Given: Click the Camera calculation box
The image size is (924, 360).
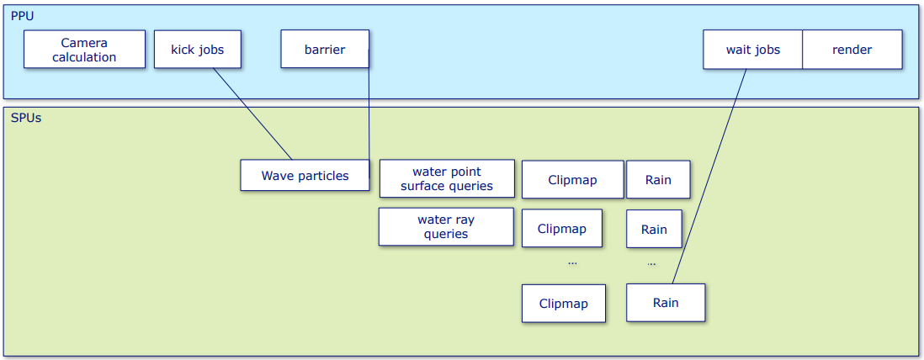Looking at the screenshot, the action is coord(84,50).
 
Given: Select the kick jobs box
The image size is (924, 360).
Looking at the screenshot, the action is coord(198,50).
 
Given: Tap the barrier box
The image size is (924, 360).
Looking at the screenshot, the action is coord(325,50).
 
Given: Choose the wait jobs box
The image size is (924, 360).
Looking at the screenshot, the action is coord(752,50).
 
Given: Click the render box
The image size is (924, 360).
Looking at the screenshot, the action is coord(852,50).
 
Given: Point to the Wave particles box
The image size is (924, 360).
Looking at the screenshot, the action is coord(305,175).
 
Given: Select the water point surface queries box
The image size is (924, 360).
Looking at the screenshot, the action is coord(447,178).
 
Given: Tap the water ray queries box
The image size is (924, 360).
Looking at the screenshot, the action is coord(446,227).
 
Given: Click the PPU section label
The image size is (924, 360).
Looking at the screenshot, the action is coord(23,16).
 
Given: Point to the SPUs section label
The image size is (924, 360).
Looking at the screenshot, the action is coord(26,118).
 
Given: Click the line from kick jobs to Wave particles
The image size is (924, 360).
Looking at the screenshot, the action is coord(252,114).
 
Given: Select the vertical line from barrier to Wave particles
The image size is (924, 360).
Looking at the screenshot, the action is coord(369,112).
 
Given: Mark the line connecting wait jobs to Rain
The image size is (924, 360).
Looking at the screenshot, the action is coord(709,176).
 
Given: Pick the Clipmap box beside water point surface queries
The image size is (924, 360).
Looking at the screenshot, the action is coord(572,180).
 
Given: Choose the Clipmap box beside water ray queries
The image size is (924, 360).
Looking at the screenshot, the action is coord(561,228).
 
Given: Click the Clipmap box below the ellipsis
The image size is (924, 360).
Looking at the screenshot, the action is coord(563,304).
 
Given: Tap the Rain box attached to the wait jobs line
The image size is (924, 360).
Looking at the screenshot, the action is coord(666,303).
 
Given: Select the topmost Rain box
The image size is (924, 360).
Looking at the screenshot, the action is coord(657,180).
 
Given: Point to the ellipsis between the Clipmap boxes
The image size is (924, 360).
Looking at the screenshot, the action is coord(572,262).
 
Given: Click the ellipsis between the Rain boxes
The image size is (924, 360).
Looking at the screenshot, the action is coord(651,264).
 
